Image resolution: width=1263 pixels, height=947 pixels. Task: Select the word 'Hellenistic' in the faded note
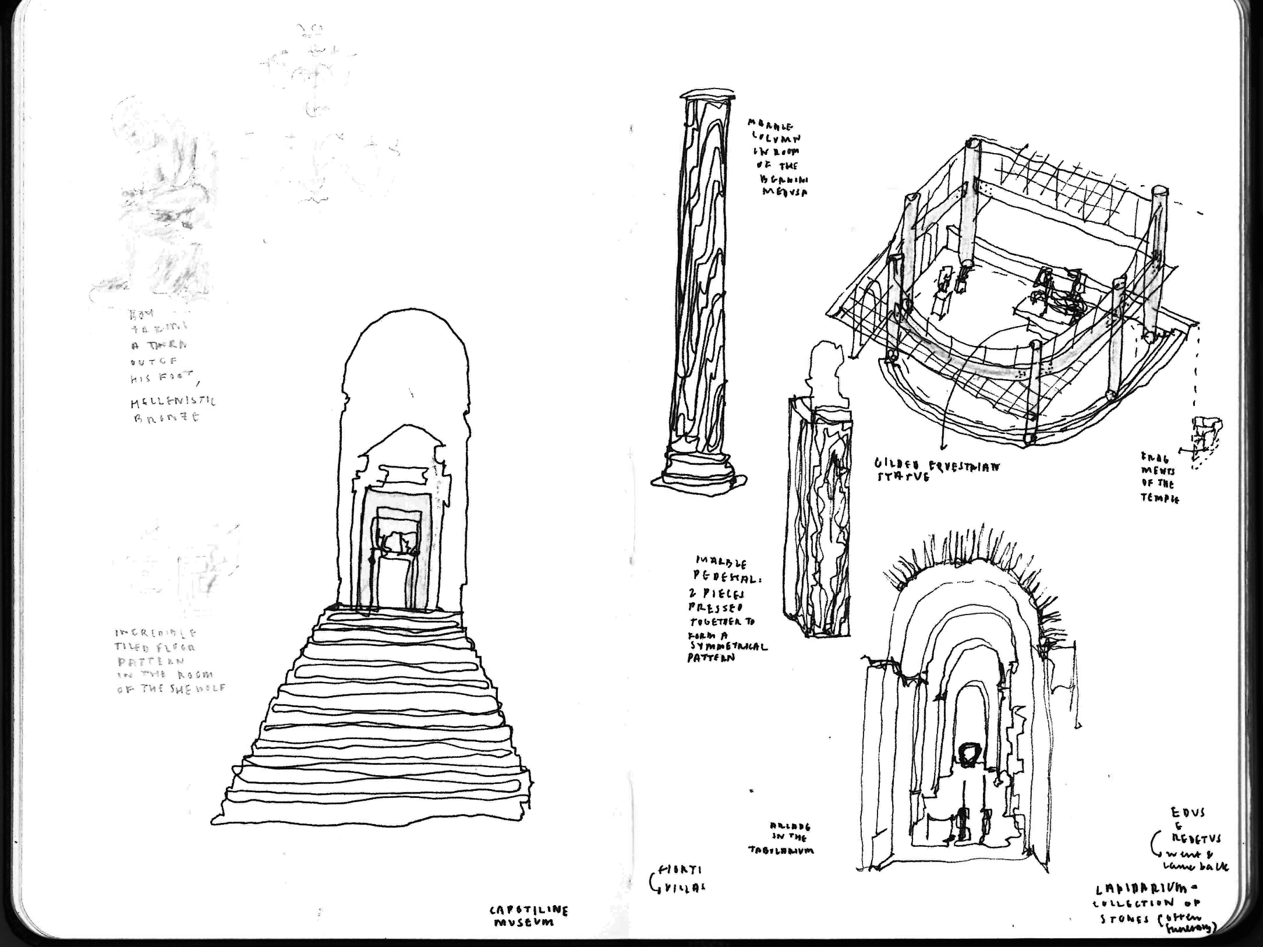(172, 401)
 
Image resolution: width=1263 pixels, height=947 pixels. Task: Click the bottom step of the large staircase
(373, 812)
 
